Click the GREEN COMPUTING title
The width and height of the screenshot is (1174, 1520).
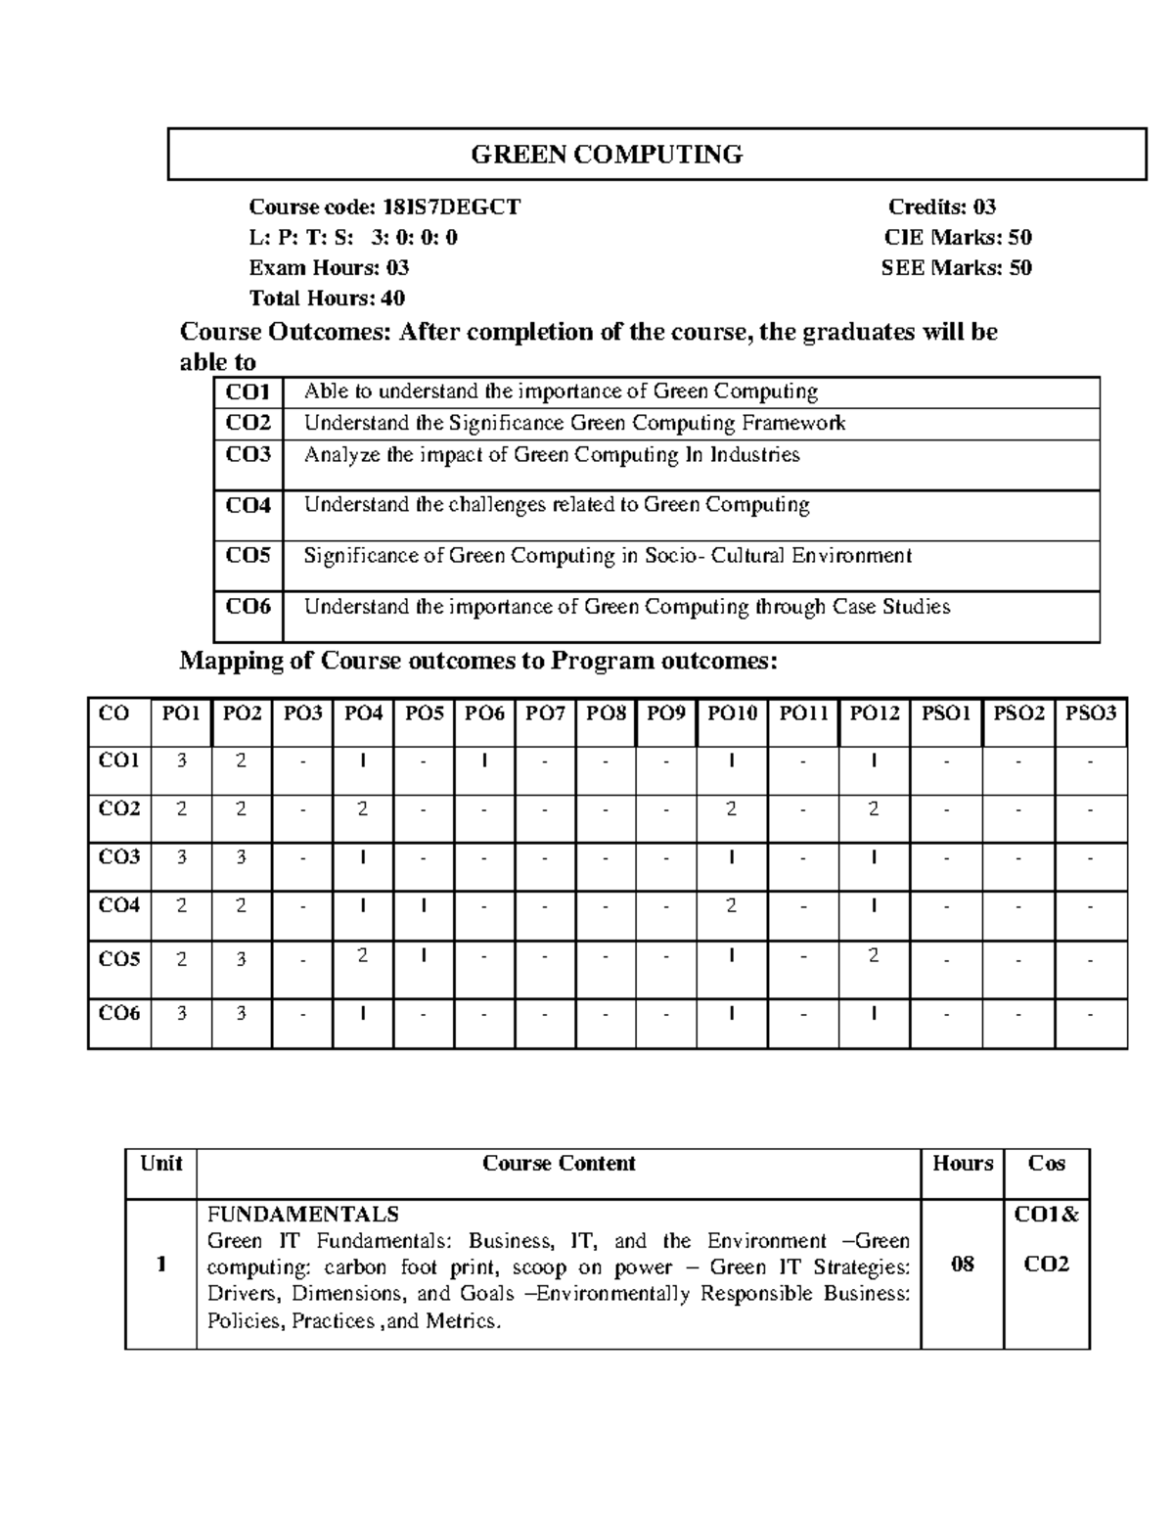(607, 155)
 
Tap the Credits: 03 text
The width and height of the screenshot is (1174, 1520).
(941, 207)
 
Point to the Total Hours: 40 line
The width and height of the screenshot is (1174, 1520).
(327, 298)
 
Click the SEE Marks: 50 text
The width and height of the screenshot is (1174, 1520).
(956, 267)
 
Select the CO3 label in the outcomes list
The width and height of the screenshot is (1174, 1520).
(248, 455)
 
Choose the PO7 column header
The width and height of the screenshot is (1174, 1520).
(545, 714)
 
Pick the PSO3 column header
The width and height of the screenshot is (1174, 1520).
(1090, 714)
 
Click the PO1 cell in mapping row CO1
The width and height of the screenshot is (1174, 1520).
(181, 760)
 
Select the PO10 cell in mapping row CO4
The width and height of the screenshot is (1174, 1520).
(731, 906)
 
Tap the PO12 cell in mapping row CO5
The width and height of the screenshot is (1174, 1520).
(873, 956)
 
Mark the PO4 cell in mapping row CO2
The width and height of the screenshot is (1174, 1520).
(362, 809)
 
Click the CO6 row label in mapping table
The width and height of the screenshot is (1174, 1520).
(119, 1014)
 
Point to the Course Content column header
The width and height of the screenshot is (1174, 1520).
(559, 1164)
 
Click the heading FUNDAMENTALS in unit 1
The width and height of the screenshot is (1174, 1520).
(303, 1215)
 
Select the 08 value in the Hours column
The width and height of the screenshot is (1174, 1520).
(962, 1265)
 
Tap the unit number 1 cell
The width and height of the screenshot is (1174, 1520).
(159, 1265)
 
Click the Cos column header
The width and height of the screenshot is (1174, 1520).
(1046, 1164)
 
